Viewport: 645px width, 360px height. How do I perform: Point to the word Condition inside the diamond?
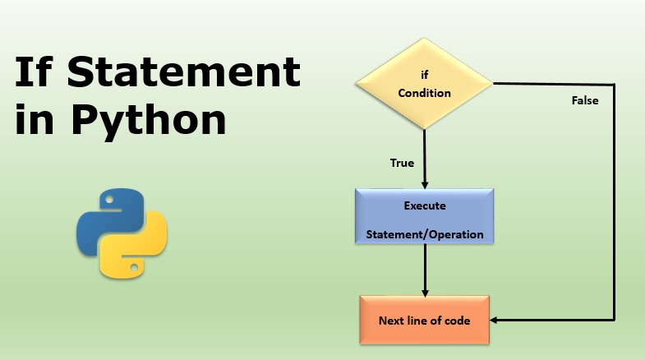click(x=424, y=93)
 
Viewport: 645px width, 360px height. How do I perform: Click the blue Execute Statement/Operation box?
click(x=425, y=218)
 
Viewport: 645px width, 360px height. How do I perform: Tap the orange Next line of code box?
click(x=425, y=320)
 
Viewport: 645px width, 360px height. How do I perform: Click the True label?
click(x=401, y=163)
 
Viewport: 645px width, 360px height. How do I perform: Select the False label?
click(x=585, y=102)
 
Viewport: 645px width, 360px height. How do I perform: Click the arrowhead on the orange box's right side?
click(x=495, y=320)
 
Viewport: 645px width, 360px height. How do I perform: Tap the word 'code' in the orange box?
click(x=457, y=321)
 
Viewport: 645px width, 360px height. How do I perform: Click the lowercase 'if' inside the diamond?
click(x=425, y=75)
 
